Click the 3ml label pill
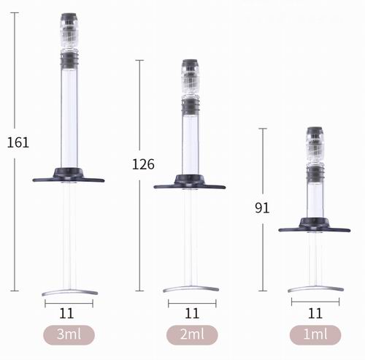tap(69, 335)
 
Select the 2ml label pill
tap(191, 335)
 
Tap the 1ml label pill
tap(315, 335)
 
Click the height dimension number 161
tap(18, 142)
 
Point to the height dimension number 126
tap(143, 164)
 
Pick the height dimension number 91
tap(262, 208)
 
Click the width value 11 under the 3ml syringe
tap(69, 313)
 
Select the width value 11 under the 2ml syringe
tap(191, 313)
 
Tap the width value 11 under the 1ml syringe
tap(315, 313)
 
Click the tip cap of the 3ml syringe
tap(69, 29)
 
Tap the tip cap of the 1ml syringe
tap(315, 143)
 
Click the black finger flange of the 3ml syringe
tap(69, 176)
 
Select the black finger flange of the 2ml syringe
tap(190, 183)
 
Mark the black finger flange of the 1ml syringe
tap(315, 226)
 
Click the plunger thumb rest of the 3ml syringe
tap(69, 292)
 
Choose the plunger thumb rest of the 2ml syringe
tap(191, 288)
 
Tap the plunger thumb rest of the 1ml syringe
tap(315, 288)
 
